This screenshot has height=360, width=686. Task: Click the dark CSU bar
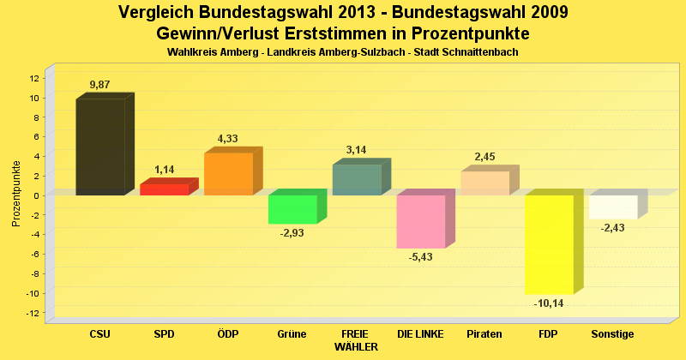pyautogui.click(x=100, y=147)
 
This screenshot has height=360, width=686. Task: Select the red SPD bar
pyautogui.click(x=164, y=189)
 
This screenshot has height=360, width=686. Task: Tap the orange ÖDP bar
pyautogui.click(x=228, y=174)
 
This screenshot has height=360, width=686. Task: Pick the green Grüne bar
pyautogui.click(x=292, y=209)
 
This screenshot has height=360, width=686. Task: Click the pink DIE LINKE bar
pyautogui.click(x=421, y=221)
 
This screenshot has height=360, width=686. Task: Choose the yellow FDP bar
pyautogui.click(x=549, y=244)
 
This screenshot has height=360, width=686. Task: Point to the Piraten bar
pyautogui.click(x=484, y=183)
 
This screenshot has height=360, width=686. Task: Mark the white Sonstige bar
pyautogui.click(x=613, y=207)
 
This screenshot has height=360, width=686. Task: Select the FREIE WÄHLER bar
pyautogui.click(x=357, y=180)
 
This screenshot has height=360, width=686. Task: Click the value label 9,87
pyautogui.click(x=101, y=84)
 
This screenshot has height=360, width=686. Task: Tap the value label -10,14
pyautogui.click(x=549, y=303)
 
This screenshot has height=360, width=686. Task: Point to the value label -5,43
pyautogui.click(x=421, y=258)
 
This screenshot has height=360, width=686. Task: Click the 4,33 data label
pyautogui.click(x=228, y=138)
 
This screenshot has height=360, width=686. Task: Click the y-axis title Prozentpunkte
pyautogui.click(x=16, y=194)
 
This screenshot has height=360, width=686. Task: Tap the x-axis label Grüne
pyautogui.click(x=292, y=333)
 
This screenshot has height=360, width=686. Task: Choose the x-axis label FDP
pyautogui.click(x=549, y=333)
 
